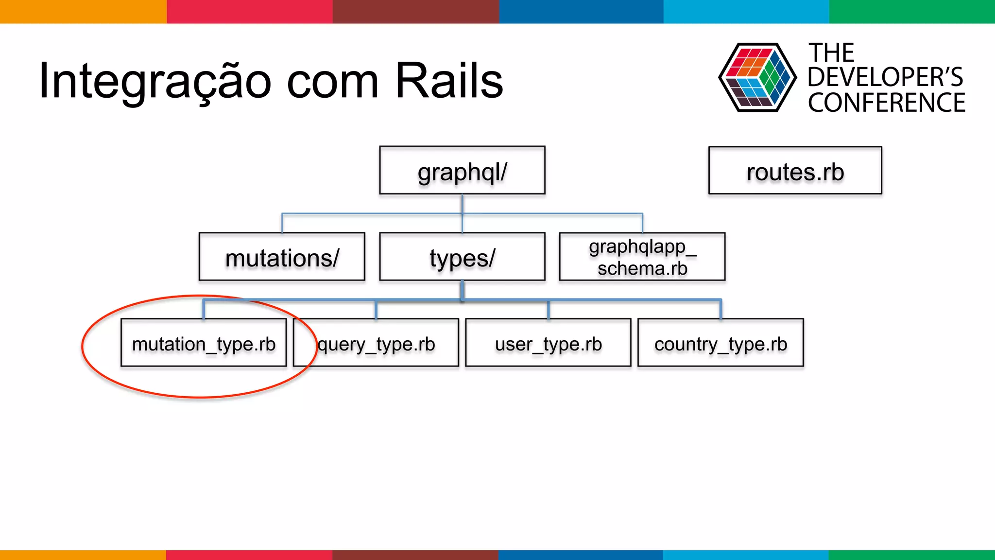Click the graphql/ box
(462, 171)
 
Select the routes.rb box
(795, 171)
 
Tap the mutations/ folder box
(282, 257)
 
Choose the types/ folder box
(462, 257)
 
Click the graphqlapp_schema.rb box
(642, 257)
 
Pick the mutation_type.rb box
(204, 343)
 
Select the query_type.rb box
(376, 343)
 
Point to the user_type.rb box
(548, 343)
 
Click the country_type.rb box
(721, 343)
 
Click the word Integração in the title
(154, 82)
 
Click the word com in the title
(332, 82)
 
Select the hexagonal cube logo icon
(757, 78)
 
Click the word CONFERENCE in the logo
(886, 103)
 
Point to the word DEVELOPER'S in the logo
(885, 77)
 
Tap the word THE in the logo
(831, 52)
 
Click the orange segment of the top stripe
(83, 11)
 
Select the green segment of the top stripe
(911, 11)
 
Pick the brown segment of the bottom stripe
(415, 555)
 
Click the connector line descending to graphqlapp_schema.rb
(642, 223)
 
